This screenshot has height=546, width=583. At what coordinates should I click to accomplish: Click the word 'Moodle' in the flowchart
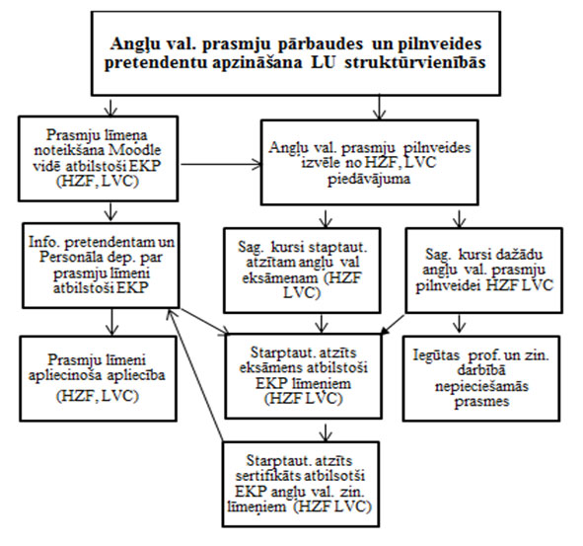pyautogui.click(x=134, y=150)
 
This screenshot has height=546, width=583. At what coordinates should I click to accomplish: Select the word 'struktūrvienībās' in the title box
pyautogui.click(x=415, y=62)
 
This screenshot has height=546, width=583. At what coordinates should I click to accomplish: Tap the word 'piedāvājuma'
pyautogui.click(x=369, y=180)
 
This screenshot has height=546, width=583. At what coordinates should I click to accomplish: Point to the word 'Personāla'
pyautogui.click(x=70, y=258)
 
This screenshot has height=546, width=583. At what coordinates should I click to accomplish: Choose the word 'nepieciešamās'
pyautogui.click(x=481, y=386)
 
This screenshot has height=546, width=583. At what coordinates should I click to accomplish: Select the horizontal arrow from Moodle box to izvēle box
pyautogui.click(x=221, y=164)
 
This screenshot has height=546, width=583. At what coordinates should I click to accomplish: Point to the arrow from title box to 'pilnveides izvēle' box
pyautogui.click(x=379, y=108)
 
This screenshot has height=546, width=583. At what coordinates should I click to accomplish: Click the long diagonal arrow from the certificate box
pyautogui.click(x=195, y=375)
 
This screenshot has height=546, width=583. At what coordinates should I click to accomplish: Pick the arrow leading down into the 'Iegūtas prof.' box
pyautogui.click(x=460, y=323)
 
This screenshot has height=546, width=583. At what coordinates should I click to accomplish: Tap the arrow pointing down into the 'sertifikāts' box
pyautogui.click(x=326, y=430)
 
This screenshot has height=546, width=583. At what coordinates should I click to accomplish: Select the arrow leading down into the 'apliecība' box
pyautogui.click(x=111, y=322)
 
